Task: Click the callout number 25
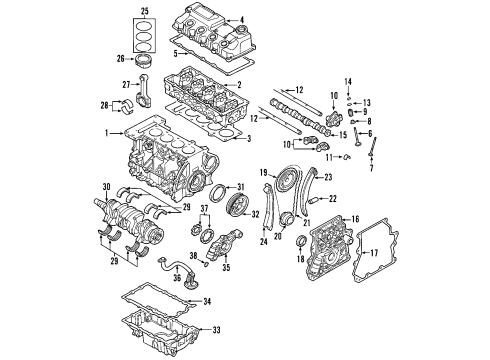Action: (144, 11)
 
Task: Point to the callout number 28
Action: (106, 104)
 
